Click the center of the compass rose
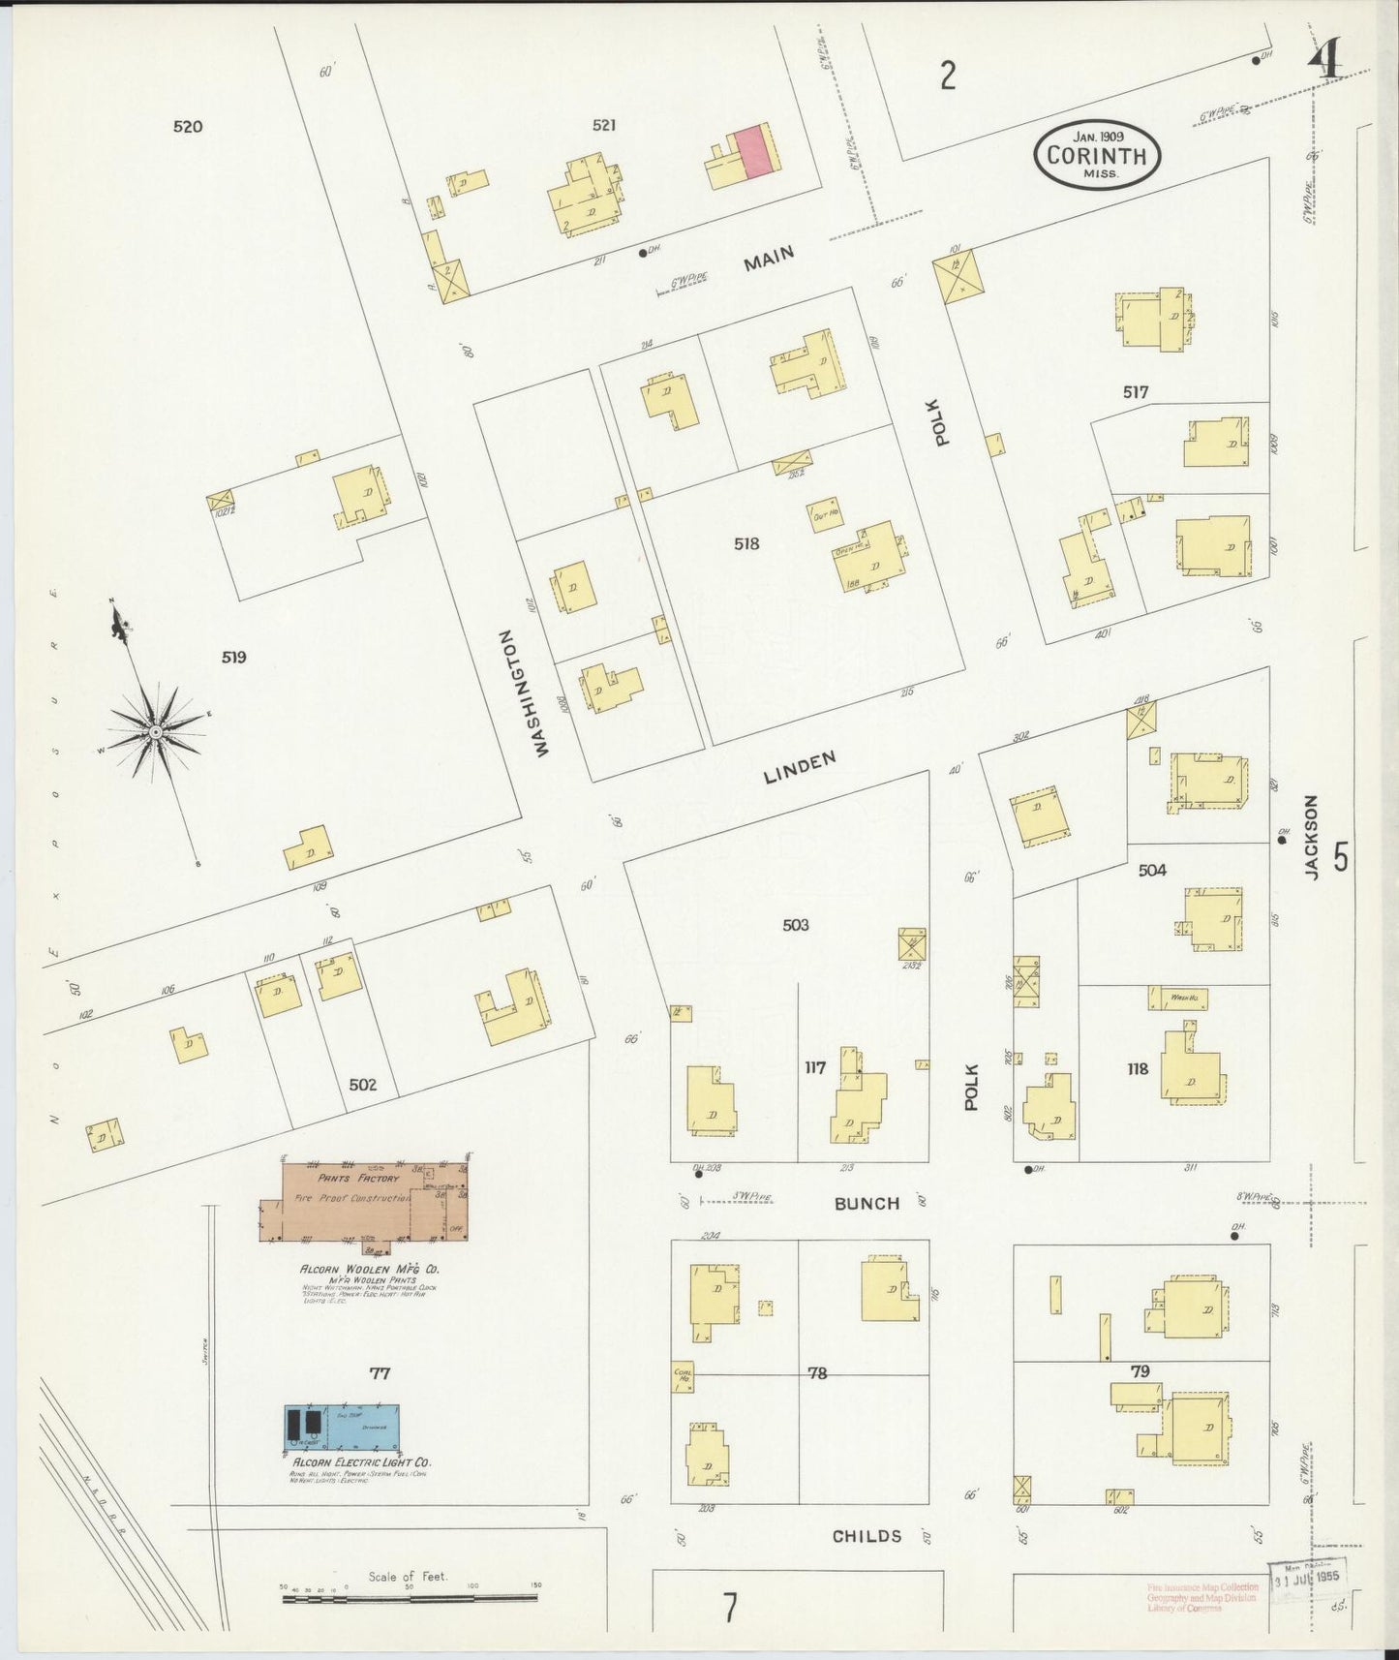[155, 732]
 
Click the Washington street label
[523, 693]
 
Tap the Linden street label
[799, 768]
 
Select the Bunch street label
[867, 1204]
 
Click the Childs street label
[867, 1536]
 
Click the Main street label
[769, 259]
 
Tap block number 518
[746, 544]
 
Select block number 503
[795, 925]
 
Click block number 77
[379, 1373]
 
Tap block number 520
[188, 126]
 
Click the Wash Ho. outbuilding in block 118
[1177, 998]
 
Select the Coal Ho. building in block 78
[683, 1376]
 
